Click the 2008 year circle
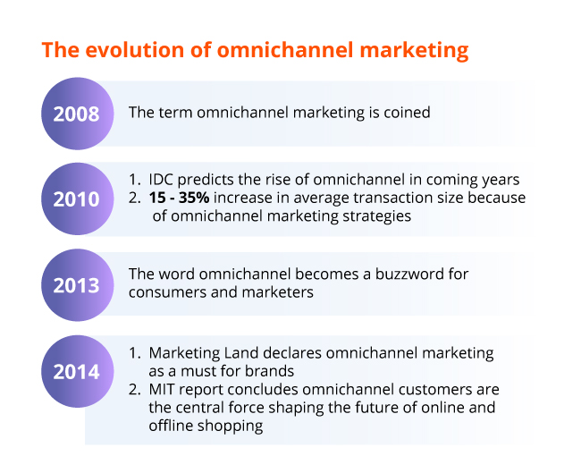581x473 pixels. (78, 114)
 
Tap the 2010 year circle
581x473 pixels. (78, 198)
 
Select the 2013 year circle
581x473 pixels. (78, 285)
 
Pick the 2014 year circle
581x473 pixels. (78, 371)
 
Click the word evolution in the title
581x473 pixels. (135, 50)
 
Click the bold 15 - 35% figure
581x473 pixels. (179, 198)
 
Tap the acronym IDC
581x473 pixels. (161, 180)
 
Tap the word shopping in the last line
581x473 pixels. (230, 426)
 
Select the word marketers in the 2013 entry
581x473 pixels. (277, 292)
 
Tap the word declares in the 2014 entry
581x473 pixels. (292, 352)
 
